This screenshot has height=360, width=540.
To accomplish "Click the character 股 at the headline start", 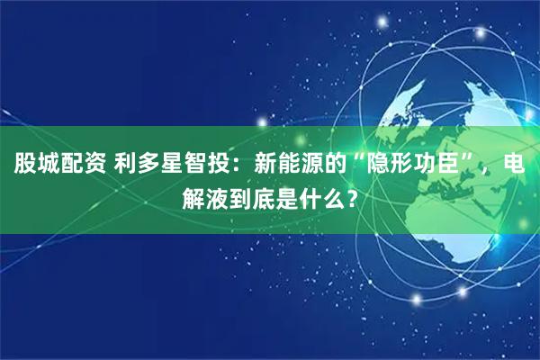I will [x=24, y=164].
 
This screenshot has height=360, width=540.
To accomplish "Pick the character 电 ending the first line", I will [x=516, y=164].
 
